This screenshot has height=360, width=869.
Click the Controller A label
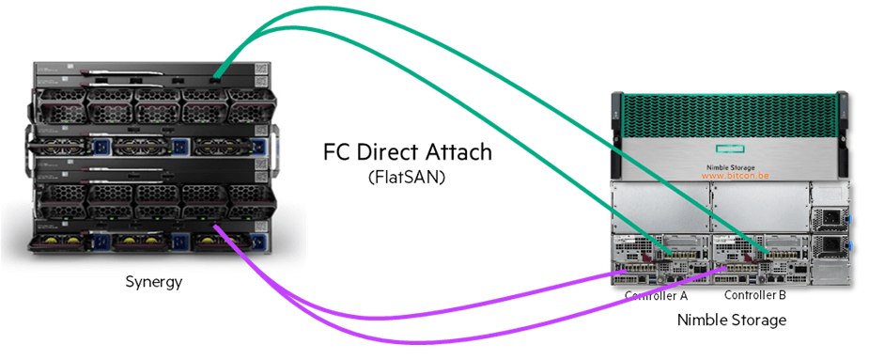click(656, 295)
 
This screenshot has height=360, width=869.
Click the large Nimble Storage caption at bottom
click(731, 321)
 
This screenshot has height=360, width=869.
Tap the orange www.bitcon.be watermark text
click(736, 175)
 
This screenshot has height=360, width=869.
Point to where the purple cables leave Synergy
click(217, 228)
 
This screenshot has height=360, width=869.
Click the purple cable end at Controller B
click(722, 270)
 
